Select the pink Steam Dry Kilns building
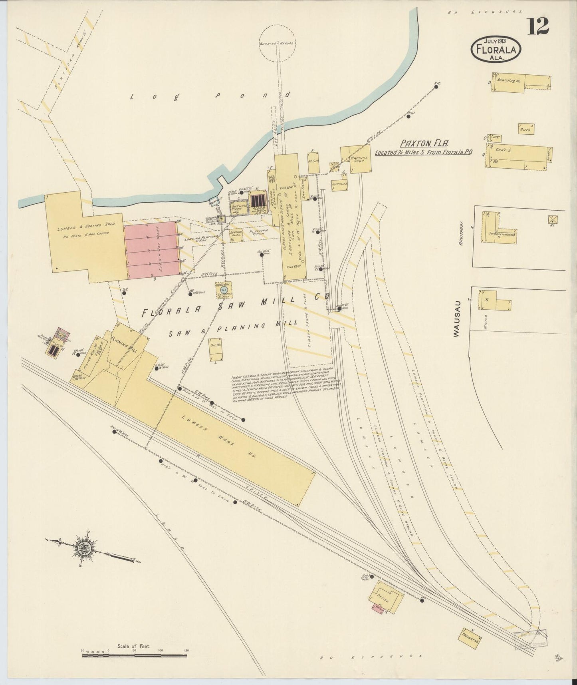click(x=151, y=249)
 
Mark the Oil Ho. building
click(x=215, y=352)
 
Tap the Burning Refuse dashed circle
click(x=276, y=43)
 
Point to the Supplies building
click(x=339, y=184)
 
